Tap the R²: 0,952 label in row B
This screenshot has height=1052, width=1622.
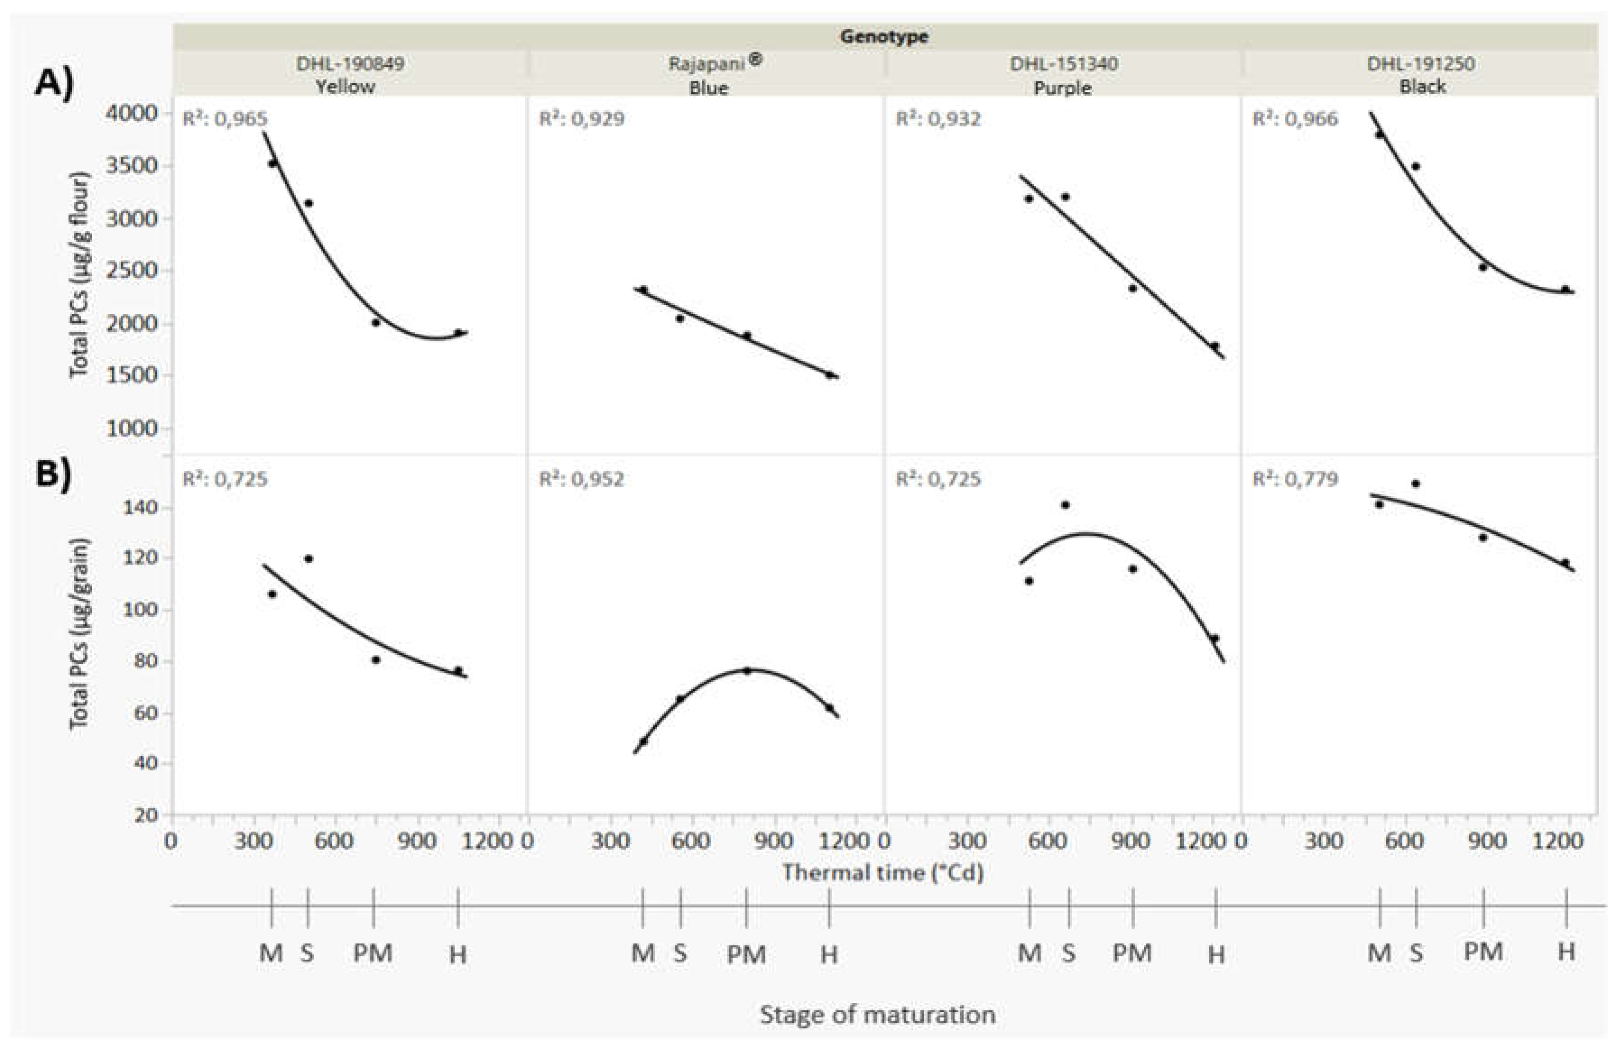(582, 479)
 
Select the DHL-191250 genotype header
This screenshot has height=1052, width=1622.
(1421, 64)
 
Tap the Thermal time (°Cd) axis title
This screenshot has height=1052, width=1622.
(883, 873)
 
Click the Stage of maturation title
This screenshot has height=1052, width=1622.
(877, 1015)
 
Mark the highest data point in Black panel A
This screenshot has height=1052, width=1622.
(1379, 135)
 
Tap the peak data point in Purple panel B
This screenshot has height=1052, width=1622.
(1065, 505)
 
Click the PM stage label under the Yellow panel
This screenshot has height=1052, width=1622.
(373, 953)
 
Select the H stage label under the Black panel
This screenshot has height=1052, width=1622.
(1566, 952)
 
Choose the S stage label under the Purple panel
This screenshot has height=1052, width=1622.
(1068, 953)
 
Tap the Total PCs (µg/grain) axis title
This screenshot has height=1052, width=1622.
(80, 634)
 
